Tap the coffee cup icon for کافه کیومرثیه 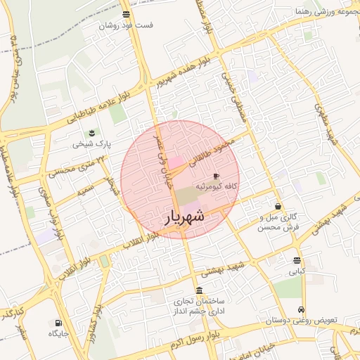coord(216,176)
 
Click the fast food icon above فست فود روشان coord(126,14)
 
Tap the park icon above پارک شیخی coord(91,134)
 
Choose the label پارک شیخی coord(87,145)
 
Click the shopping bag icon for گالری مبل coord(279,207)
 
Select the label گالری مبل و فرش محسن coord(278,222)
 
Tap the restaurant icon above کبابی coord(297,259)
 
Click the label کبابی coord(297,270)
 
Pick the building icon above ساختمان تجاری coord(200,290)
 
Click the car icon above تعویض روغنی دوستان coord(302,309)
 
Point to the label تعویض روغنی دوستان coord(302,321)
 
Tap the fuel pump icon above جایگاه coord(58,323)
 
